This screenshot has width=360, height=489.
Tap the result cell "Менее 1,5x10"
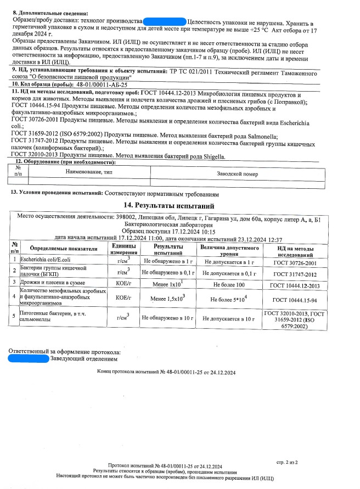coord(167,299)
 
